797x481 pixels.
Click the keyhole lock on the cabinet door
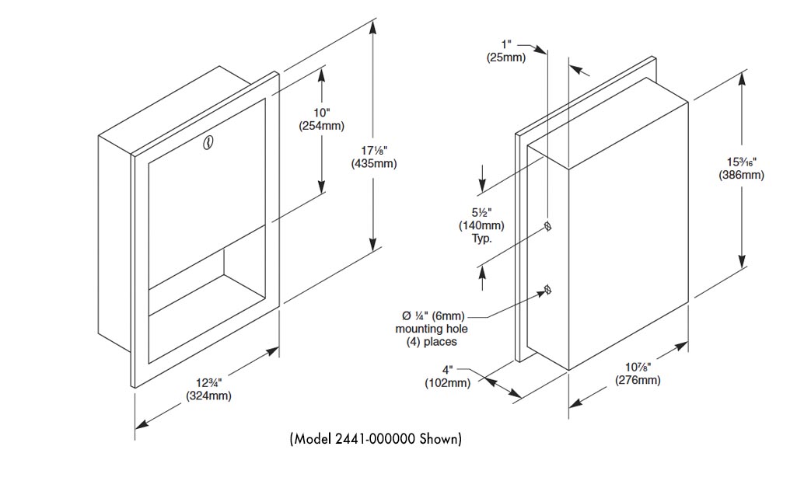click(x=208, y=143)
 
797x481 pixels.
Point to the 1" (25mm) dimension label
click(x=505, y=51)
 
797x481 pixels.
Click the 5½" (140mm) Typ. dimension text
click(x=482, y=225)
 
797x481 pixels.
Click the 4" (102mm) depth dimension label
click(x=447, y=376)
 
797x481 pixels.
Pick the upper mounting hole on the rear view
click(x=548, y=226)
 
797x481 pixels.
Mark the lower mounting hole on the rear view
click(x=548, y=291)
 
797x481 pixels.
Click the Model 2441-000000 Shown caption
click(x=376, y=439)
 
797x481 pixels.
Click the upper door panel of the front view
click(x=206, y=186)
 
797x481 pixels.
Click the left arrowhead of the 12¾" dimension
click(x=141, y=423)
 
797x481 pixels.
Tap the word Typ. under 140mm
click(x=482, y=239)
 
